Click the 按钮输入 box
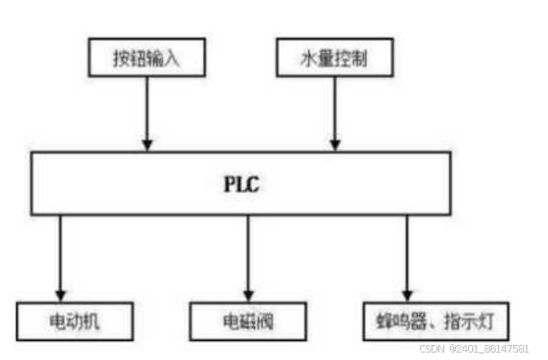(x=146, y=59)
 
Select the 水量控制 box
(x=333, y=59)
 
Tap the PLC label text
(x=242, y=184)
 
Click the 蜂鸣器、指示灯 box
(x=436, y=319)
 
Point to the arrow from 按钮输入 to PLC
(x=147, y=112)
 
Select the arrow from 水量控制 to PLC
(x=335, y=112)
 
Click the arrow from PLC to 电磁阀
(x=248, y=258)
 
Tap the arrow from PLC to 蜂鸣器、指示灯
(x=407, y=258)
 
